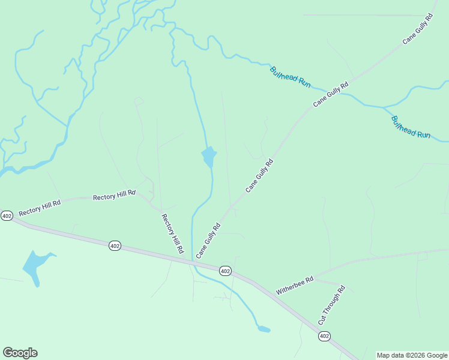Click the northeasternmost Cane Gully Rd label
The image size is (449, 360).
[x=418, y=29]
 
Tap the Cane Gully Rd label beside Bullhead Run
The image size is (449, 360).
[x=331, y=95]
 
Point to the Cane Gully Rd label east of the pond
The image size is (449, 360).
[x=259, y=175]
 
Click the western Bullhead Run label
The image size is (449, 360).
[x=290, y=77]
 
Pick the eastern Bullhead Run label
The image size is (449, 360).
[x=411, y=127]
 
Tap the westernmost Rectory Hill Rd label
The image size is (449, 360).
[x=40, y=208]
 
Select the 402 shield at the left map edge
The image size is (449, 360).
[x=7, y=215]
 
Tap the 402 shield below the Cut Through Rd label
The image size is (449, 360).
[x=324, y=336]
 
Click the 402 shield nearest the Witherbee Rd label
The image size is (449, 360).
[x=225, y=271]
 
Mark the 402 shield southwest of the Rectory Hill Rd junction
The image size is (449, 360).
[x=115, y=245]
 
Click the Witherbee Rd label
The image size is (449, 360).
[x=295, y=285]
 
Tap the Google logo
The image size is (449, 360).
[x=20, y=353]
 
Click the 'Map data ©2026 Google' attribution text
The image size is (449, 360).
[x=412, y=355]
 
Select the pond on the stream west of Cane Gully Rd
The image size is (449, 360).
[x=209, y=157]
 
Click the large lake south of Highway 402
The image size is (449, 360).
[x=34, y=265]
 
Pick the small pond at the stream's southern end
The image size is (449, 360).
[x=263, y=329]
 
